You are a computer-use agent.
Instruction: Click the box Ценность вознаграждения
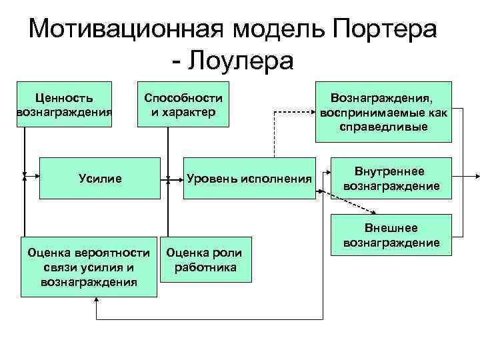pyautogui.click(x=64, y=104)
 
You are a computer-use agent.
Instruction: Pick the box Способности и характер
pyautogui.click(x=183, y=104)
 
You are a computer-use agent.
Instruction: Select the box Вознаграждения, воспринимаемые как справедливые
pyautogui.click(x=383, y=111)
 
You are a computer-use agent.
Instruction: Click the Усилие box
pyautogui.click(x=100, y=178)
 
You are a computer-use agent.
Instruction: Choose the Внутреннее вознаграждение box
pyautogui.click(x=391, y=178)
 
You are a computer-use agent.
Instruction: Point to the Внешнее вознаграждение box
pyautogui.click(x=391, y=235)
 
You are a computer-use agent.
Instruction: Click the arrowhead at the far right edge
pyautogui.click(x=475, y=177)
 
